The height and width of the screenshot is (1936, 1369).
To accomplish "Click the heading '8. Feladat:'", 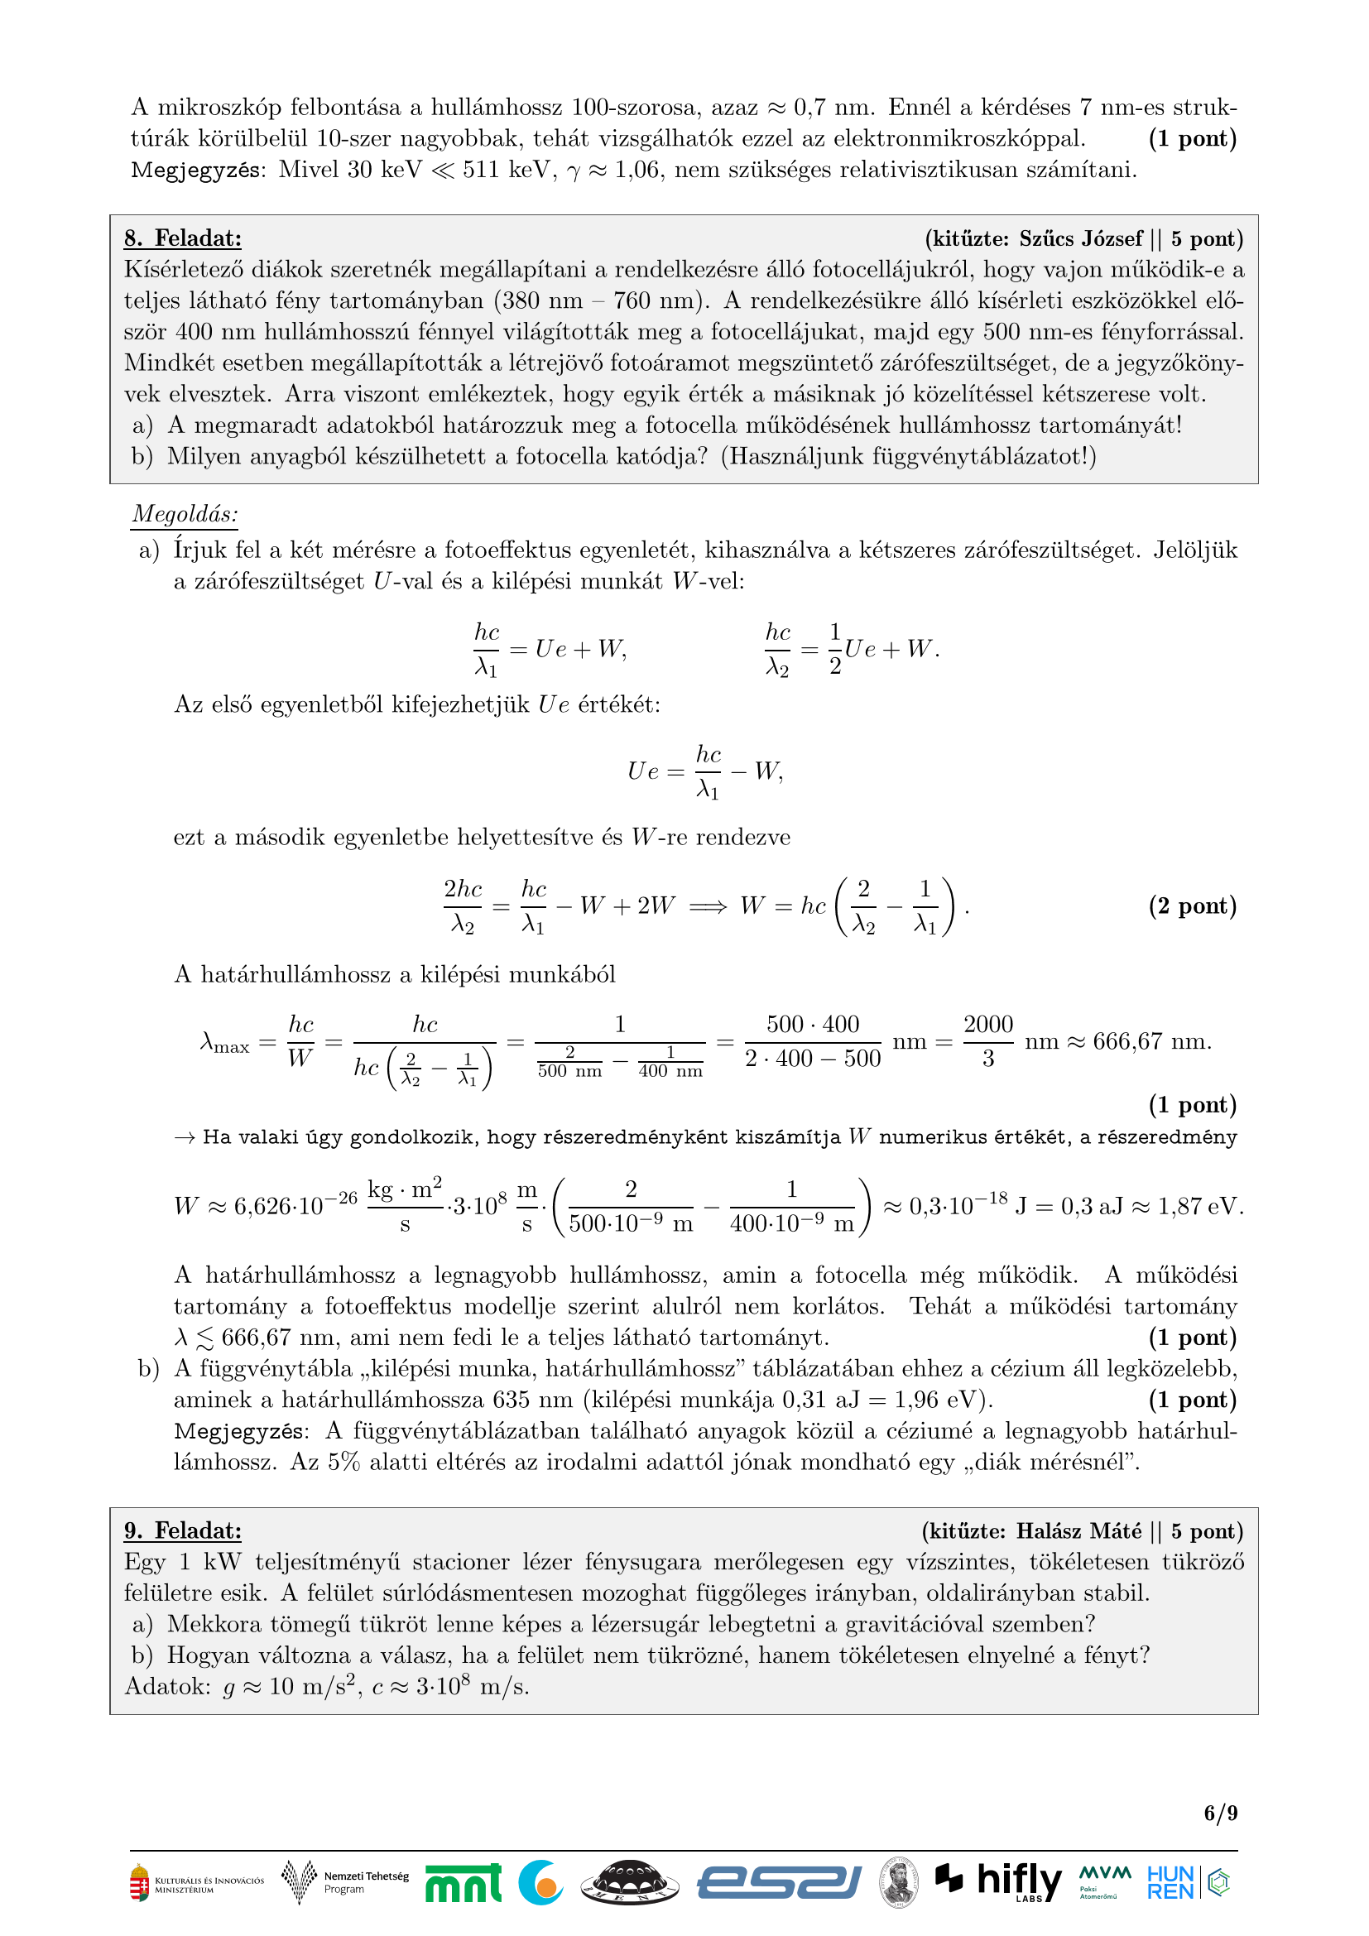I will tap(183, 238).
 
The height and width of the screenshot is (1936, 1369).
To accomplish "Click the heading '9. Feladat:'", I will tap(183, 1530).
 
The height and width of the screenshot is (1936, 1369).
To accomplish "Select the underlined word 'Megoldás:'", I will tap(185, 513).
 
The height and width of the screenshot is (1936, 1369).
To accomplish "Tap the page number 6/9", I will tap(1220, 1812).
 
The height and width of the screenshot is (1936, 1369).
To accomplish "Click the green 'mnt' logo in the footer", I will tap(463, 1883).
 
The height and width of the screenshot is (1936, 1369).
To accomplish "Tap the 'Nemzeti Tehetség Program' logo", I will tap(346, 1882).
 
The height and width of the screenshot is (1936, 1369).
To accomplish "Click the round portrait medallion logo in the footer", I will tap(900, 1882).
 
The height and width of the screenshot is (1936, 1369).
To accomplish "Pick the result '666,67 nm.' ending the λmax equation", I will tap(1151, 1041).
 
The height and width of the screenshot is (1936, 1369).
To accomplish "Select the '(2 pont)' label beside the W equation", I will tap(1192, 906).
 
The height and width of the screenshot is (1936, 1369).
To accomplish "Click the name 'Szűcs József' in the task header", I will tap(1081, 238).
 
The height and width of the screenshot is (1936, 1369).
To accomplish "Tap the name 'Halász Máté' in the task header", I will tap(1078, 1530).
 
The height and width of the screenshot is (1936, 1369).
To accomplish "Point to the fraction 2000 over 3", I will tap(988, 1041).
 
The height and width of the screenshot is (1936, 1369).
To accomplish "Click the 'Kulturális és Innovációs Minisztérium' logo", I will tap(196, 1884).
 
